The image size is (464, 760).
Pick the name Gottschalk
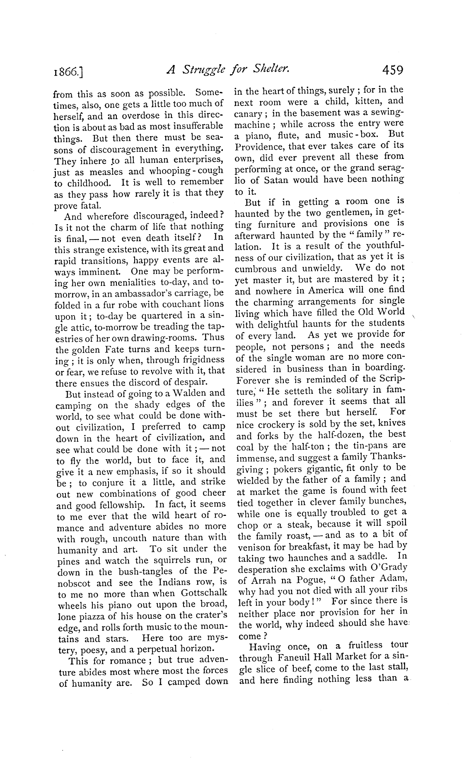(201, 594)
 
